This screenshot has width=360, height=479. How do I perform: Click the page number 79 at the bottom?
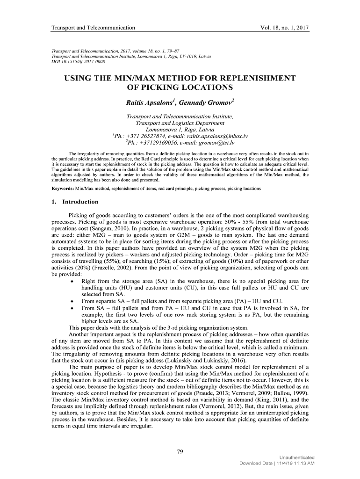click(x=180, y=451)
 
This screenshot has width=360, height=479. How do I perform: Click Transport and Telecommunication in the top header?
click(x=93, y=28)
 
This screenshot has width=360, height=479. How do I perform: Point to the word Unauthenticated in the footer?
click(x=296, y=457)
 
